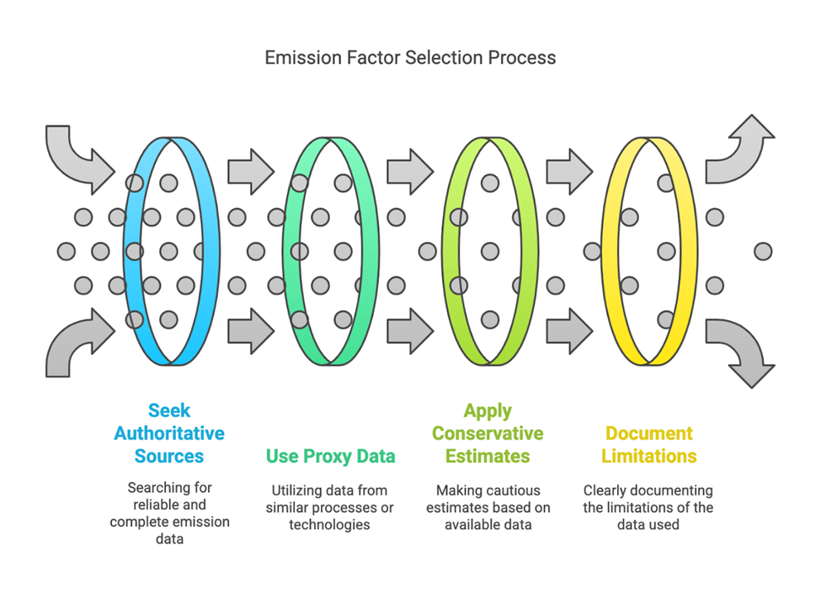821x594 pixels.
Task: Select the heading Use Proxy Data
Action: tap(330, 456)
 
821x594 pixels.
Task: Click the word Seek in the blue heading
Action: tap(169, 410)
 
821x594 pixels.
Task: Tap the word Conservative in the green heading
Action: tap(488, 433)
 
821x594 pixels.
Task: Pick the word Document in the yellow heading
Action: tap(648, 433)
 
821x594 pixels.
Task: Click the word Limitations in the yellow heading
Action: tap(648, 456)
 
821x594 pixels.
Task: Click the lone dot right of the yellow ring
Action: tap(763, 250)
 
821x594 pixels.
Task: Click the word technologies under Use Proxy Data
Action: tap(330, 524)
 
